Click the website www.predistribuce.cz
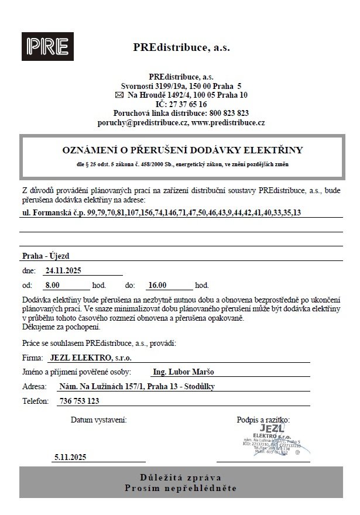228,123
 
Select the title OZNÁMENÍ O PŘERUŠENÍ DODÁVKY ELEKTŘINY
182,150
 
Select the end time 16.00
158,286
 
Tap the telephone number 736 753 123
80,401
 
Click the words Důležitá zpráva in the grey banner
180,477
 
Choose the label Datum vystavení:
98,420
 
